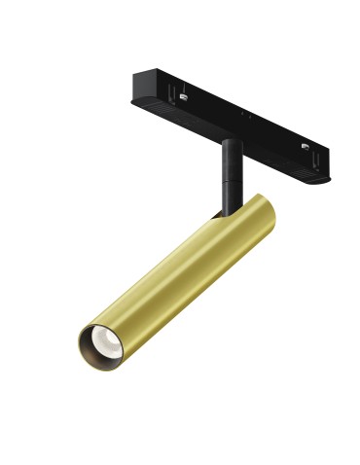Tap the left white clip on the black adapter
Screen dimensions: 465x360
pyautogui.click(x=183, y=93)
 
